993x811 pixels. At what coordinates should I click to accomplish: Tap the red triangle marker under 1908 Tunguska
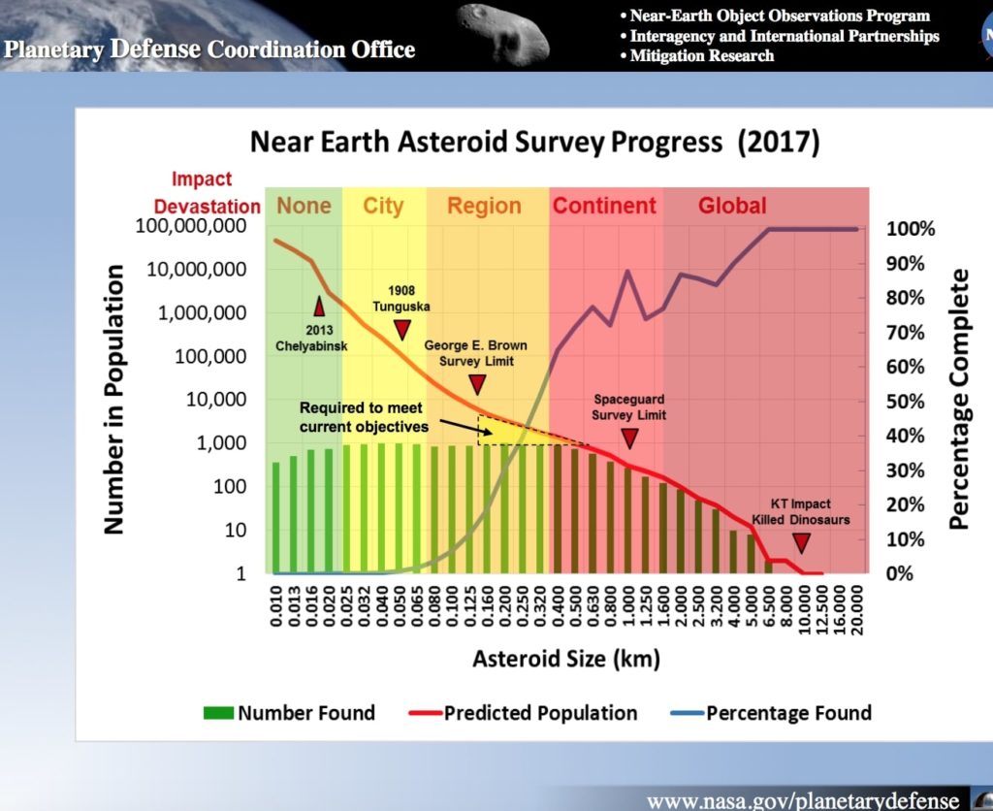[x=402, y=330]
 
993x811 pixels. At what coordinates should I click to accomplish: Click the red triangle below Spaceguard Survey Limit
[x=629, y=438]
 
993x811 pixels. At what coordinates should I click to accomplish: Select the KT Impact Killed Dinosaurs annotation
[x=800, y=512]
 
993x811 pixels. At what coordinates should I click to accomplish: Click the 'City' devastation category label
[x=383, y=206]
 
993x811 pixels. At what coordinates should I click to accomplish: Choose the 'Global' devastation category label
[x=732, y=206]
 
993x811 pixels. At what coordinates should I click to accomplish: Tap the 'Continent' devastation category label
[x=604, y=206]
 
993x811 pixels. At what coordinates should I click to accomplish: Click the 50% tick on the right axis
[x=911, y=401]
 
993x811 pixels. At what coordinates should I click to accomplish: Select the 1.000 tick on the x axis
[x=628, y=606]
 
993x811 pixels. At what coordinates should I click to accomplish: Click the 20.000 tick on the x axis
[x=858, y=606]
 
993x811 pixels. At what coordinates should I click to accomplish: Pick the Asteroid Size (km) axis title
[x=565, y=661]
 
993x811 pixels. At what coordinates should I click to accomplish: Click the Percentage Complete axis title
[x=959, y=399]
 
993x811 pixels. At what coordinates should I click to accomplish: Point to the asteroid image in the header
[x=500, y=32]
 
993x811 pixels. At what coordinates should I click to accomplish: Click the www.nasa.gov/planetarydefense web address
[x=802, y=800]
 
